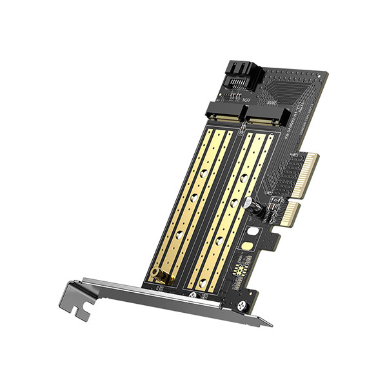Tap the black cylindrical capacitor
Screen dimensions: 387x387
point(253,208)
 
